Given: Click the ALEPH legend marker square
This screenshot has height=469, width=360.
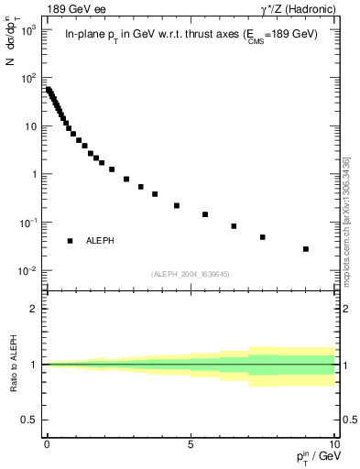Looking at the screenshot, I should (x=70, y=241).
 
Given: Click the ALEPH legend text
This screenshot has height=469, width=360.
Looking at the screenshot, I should (x=101, y=241).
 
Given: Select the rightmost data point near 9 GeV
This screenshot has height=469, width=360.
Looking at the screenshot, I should (x=305, y=249).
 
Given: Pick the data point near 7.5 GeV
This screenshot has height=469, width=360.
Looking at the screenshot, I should (x=262, y=237).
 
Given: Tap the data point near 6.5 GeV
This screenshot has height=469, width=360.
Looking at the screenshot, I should (x=234, y=226).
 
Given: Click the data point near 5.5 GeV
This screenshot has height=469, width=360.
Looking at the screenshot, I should (x=205, y=214).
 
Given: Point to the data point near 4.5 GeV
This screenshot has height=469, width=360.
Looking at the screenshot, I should (x=177, y=205).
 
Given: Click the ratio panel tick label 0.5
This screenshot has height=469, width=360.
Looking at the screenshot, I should (x=30, y=420).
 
